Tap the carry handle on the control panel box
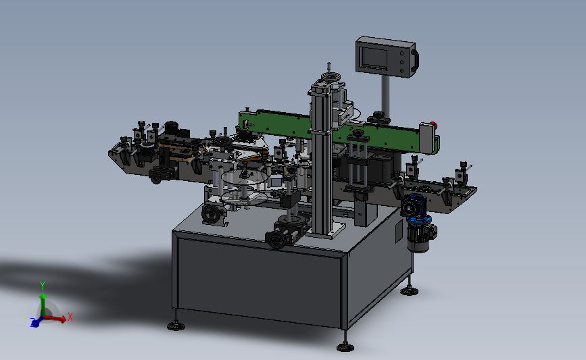coord(415,61)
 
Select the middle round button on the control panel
coord(401,62)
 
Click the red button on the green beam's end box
coord(433,124)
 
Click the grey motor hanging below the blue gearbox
coord(420,236)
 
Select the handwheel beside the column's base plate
coord(275,239)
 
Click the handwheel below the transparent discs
coord(211,214)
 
